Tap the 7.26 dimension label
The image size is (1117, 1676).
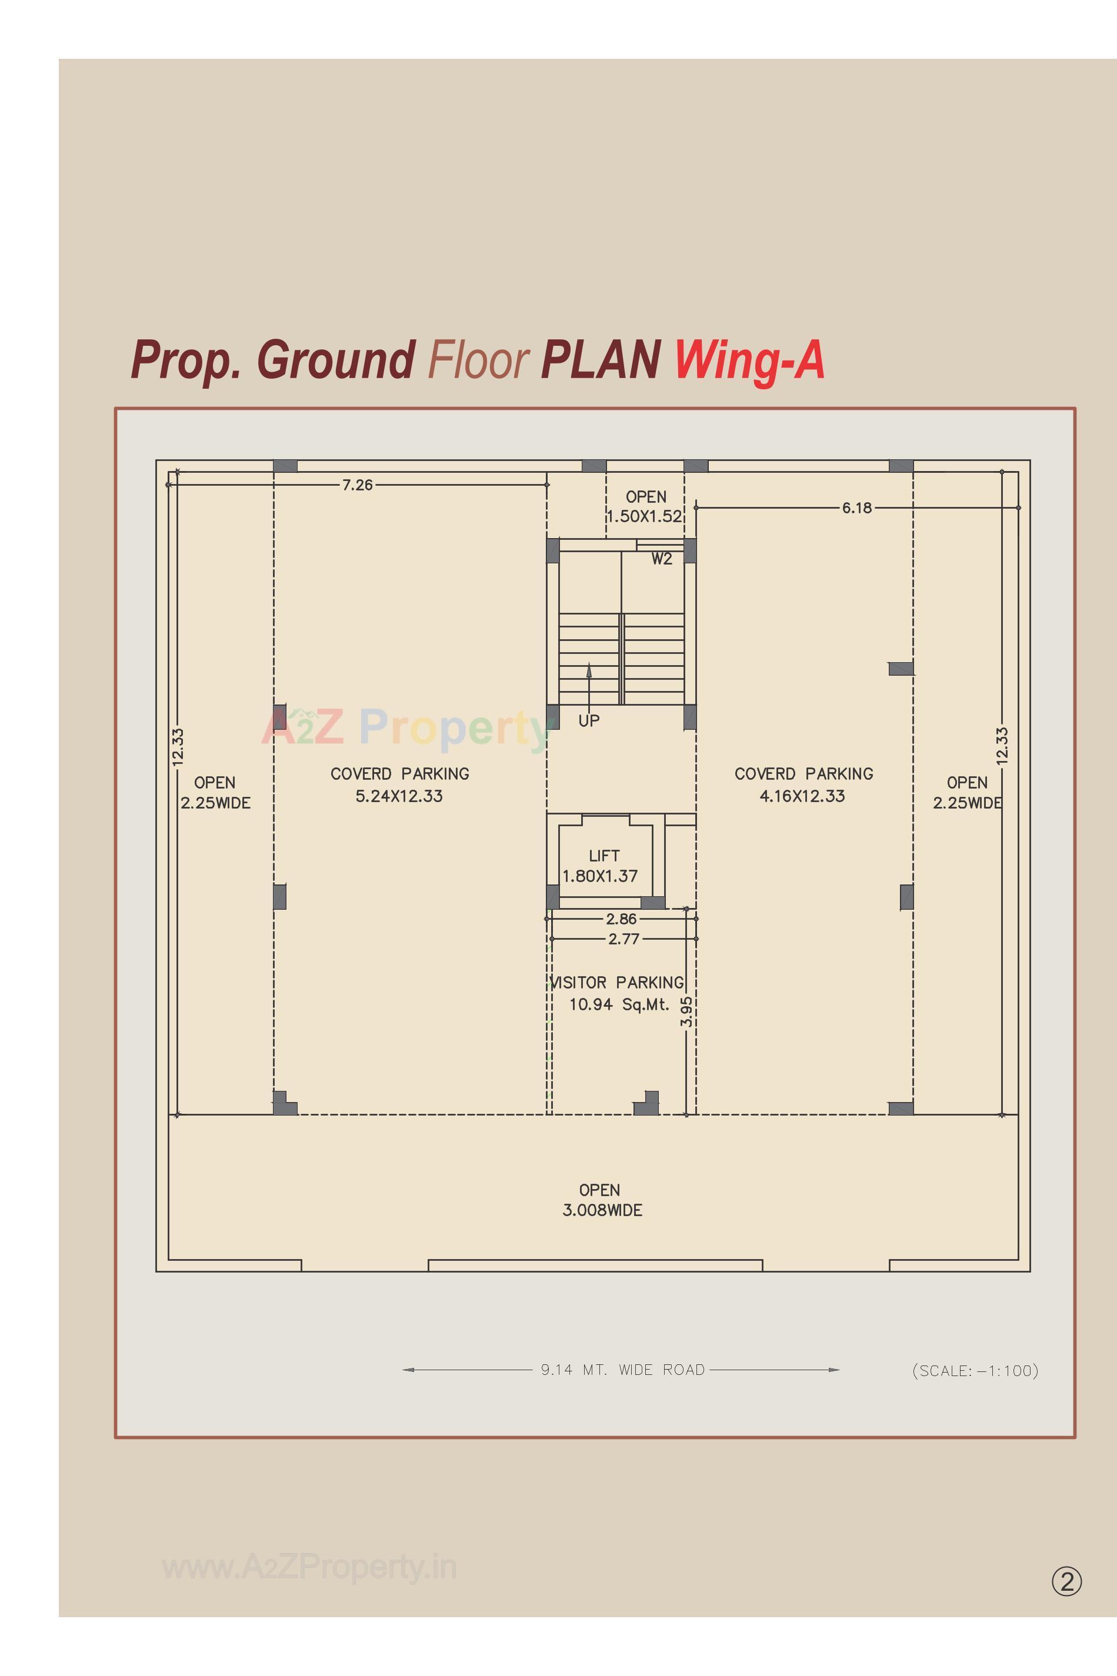coord(358,485)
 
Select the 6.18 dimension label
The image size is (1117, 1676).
coord(856,508)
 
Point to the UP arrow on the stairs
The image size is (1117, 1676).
coord(588,681)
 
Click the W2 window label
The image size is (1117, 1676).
coord(661,559)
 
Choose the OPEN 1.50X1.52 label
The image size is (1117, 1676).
coord(645,506)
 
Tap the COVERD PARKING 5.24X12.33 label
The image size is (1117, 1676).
coord(399,784)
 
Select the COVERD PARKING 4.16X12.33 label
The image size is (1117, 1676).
coord(803,784)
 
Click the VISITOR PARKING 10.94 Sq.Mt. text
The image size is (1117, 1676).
coord(618,993)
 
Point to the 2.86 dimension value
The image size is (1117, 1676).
coord(621,919)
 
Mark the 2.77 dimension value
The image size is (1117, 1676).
coord(623,939)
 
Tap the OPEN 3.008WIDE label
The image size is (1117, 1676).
coord(602,1200)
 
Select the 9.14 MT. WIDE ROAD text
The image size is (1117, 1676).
coord(622,1370)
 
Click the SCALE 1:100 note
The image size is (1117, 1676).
coord(975,1370)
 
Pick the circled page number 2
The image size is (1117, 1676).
coord(1066,1581)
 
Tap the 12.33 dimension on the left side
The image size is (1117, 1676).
coord(178,746)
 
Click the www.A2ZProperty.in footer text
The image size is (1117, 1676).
coord(309,1567)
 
